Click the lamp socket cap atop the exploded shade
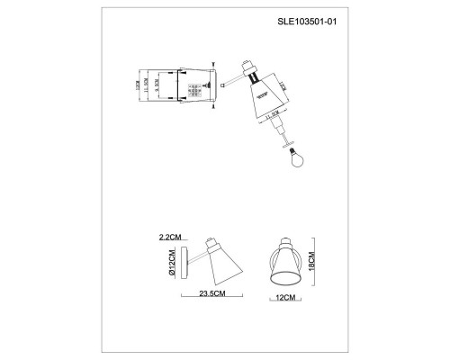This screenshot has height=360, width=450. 247,68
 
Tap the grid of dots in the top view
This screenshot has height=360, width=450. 194,89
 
